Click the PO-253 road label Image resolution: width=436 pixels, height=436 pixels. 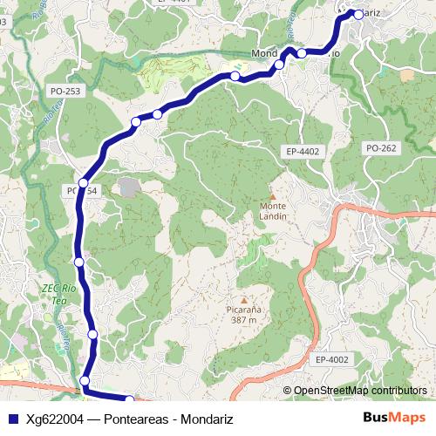(65, 91)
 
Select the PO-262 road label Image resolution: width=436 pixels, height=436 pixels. (382, 148)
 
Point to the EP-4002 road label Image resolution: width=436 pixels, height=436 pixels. (331, 359)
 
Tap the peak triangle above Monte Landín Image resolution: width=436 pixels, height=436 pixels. (271, 196)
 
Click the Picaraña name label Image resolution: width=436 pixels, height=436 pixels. (244, 310)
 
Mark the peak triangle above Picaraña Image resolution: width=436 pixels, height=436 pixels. (243, 298)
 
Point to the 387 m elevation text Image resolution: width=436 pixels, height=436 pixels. (244, 320)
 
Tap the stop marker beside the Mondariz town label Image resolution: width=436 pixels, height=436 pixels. (358, 14)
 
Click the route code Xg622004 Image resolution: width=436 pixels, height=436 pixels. (55, 419)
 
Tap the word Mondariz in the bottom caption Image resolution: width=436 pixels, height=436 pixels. (206, 419)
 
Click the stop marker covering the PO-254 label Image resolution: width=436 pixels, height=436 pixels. (83, 183)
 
